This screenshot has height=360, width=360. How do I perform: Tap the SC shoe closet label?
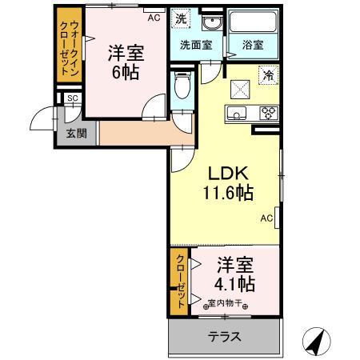click(72, 98)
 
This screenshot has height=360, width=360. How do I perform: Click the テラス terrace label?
click(225, 337)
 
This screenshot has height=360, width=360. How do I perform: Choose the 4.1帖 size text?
click(234, 283)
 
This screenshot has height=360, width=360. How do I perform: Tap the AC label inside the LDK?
click(267, 217)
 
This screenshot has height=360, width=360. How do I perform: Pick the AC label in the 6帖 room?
click(153, 15)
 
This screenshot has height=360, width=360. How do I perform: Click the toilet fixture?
click(182, 86)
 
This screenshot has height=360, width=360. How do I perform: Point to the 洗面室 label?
click(195, 46)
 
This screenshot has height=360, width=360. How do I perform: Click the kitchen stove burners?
click(267, 113)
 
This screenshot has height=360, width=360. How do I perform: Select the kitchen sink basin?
click(238, 113)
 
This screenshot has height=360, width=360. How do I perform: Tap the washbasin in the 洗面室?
click(211, 22)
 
